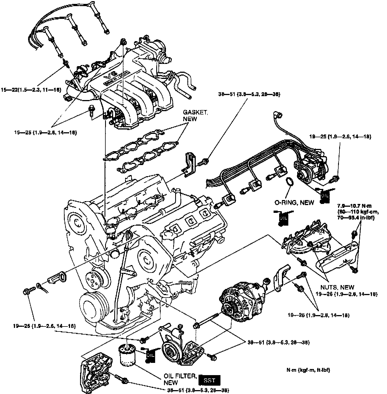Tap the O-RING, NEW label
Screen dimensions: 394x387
[x=294, y=203]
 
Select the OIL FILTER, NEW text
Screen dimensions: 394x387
[x=180, y=379]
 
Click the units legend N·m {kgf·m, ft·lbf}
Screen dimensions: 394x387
[x=308, y=370]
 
